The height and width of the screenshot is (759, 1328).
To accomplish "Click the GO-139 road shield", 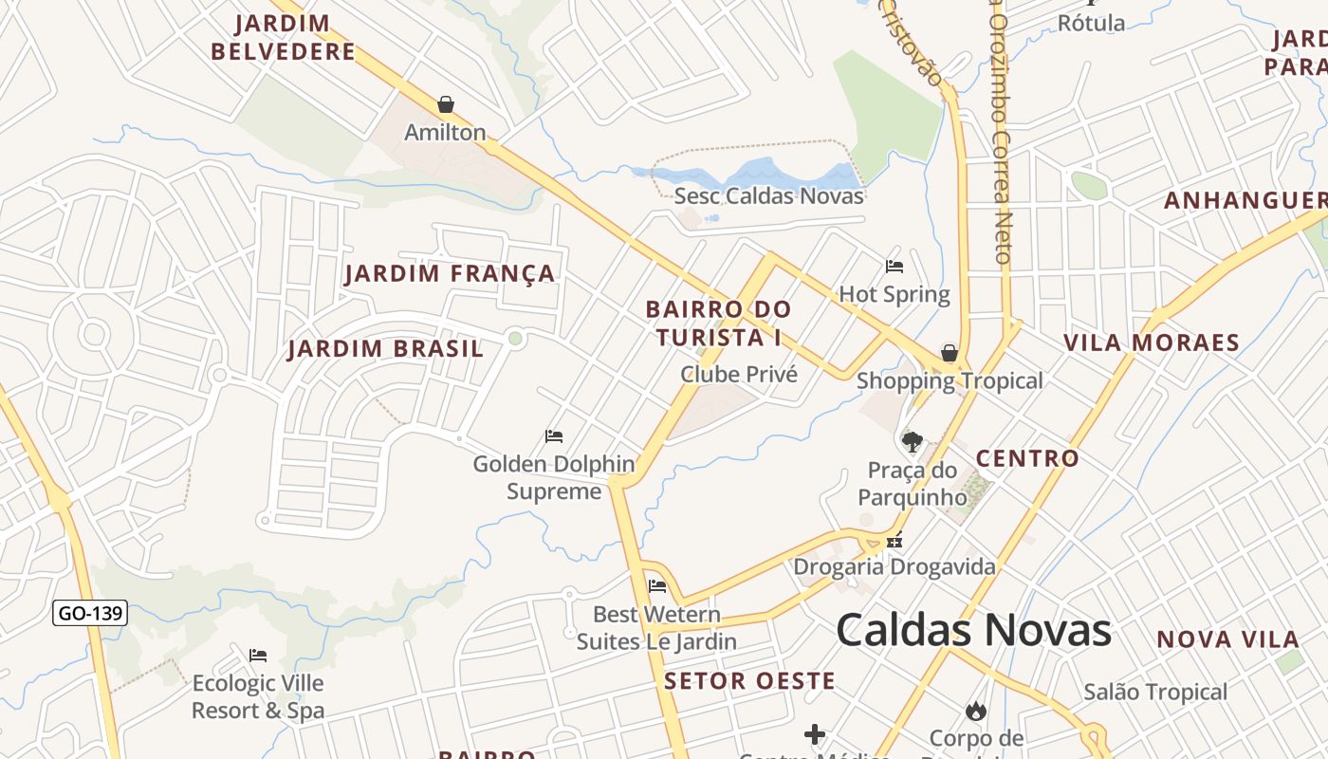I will coord(90,613).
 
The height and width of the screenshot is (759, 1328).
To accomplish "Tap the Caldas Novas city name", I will coord(973,630).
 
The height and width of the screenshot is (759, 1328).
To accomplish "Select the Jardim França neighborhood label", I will coord(450,274).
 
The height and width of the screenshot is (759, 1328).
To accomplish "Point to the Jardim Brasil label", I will coord(385,348).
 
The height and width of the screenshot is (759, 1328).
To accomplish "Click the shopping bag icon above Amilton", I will coord(446,104).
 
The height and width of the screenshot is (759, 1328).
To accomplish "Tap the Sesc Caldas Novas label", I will coord(768,196).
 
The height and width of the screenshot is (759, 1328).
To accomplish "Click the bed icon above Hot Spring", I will coord(894,267).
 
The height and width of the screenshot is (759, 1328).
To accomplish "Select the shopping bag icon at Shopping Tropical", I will coord(950,354).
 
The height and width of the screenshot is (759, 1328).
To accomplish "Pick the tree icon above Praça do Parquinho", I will coord(912,441).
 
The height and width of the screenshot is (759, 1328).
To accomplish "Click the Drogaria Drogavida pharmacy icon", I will coord(894,542).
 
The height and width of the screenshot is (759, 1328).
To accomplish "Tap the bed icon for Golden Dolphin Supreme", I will coord(554,436).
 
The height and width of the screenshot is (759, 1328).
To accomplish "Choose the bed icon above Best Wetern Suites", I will coord(656,585).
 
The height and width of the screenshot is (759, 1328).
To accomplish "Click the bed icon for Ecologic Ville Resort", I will coord(258,655).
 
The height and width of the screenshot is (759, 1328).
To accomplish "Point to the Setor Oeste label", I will coord(749,680).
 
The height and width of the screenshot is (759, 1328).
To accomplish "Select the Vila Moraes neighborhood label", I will coord(1151,342).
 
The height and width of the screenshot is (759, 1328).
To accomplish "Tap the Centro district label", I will coord(1027,458).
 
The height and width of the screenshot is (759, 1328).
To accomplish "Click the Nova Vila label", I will coord(1227,639).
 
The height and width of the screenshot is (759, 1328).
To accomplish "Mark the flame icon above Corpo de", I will coord(975,711).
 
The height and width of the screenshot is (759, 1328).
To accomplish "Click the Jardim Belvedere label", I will coord(283,37).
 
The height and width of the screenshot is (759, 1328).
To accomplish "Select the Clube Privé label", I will coord(739,375).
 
